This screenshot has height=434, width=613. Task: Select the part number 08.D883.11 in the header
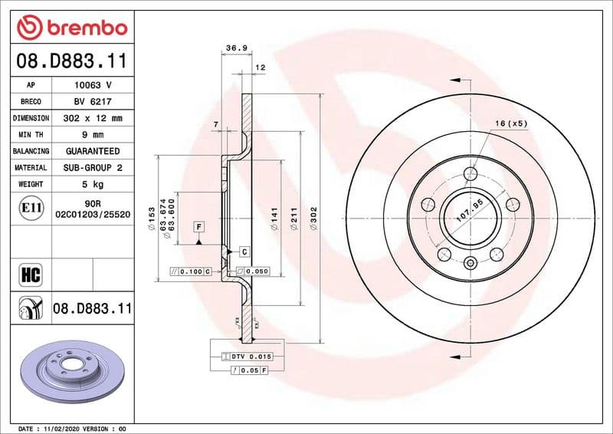pos(71,60)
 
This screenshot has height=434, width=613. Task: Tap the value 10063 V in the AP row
pos(93,85)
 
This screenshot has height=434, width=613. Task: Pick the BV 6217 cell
pos(93,101)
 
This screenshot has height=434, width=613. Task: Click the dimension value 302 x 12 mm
pos(93,118)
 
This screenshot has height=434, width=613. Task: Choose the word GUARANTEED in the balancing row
pos(93,151)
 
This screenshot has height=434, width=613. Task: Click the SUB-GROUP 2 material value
pos(93,167)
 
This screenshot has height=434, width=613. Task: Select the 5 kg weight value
pos(93,184)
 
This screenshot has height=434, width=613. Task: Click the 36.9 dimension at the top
pos(236,48)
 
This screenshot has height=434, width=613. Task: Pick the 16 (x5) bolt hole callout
pos(511,123)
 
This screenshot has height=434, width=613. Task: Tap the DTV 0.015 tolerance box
pos(252,357)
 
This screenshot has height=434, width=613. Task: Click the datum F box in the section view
pos(199,227)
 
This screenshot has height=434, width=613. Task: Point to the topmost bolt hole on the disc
pos(470,172)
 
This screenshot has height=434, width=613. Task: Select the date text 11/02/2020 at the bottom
pos(69,428)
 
